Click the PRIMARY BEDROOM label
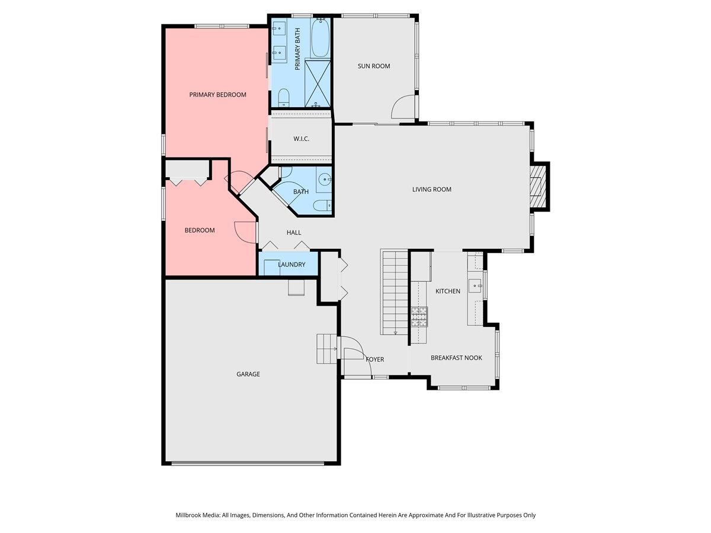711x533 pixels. [x=217, y=95]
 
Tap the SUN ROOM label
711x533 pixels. [x=374, y=66]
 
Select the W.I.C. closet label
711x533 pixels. [x=301, y=139]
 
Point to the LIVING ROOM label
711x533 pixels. [x=432, y=190]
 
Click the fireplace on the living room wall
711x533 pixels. [x=537, y=187]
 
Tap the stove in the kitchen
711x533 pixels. [x=419, y=317]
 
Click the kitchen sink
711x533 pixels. [x=475, y=286]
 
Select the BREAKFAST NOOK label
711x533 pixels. [x=456, y=358]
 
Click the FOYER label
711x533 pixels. [x=374, y=359]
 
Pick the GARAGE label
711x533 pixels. [x=248, y=374]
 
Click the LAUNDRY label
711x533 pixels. [x=292, y=265]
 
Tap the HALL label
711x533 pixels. [x=294, y=233]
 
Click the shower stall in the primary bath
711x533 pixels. [x=318, y=83]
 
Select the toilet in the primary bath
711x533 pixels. [x=283, y=98]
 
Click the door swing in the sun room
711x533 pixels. [x=404, y=107]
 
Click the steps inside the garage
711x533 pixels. [x=326, y=349]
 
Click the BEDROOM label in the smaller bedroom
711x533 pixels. [x=200, y=230]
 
